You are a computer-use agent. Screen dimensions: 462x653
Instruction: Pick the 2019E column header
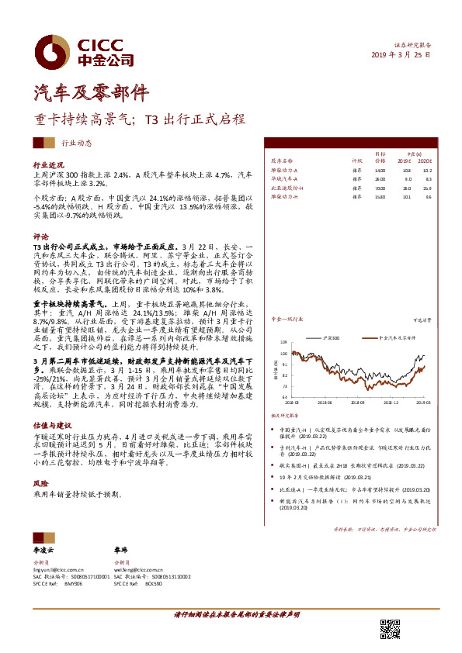coord(405,161)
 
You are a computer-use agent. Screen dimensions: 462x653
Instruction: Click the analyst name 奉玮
coord(120,548)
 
